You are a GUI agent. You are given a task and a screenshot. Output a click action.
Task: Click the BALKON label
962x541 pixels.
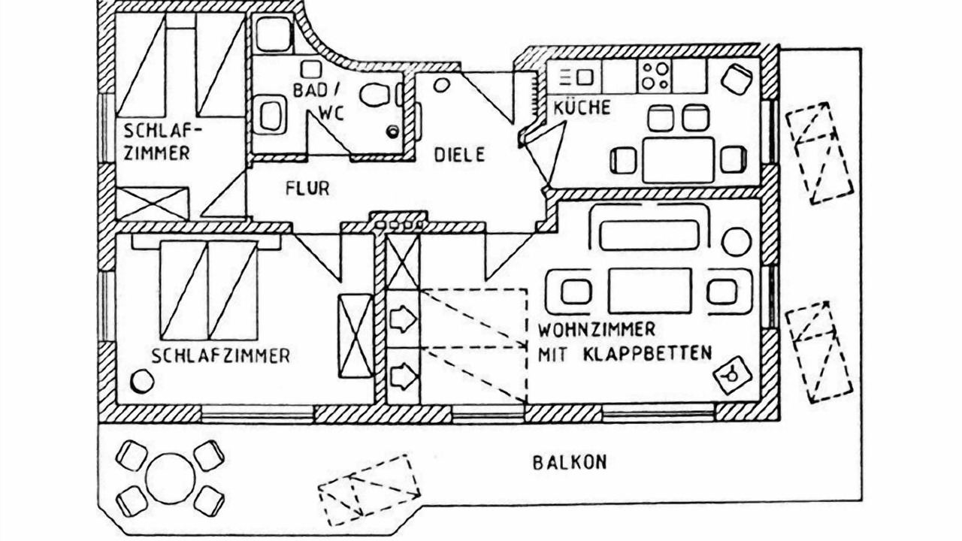569,462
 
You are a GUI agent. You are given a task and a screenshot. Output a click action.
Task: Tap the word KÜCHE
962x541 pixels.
582,108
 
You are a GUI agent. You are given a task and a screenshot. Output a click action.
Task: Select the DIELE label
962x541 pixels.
460,155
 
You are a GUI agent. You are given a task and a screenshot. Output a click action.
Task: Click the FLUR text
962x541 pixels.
307,188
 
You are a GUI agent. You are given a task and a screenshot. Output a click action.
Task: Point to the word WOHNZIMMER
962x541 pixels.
597,330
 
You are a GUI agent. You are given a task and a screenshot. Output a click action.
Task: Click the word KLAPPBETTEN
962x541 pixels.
646,353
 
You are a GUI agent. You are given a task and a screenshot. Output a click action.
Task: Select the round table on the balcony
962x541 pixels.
171,477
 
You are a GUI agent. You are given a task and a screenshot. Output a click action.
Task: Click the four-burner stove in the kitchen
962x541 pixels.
654,77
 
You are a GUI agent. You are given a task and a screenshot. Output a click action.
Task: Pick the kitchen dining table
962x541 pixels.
678,159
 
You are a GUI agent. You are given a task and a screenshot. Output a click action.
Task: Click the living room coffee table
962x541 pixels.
649,290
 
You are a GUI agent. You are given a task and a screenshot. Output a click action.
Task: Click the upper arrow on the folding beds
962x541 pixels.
404,319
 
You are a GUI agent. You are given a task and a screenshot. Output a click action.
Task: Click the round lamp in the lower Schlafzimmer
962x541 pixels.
141,382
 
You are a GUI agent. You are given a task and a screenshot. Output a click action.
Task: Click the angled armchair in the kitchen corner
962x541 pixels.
736,77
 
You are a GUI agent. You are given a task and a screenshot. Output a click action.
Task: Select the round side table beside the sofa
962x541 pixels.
736,242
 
